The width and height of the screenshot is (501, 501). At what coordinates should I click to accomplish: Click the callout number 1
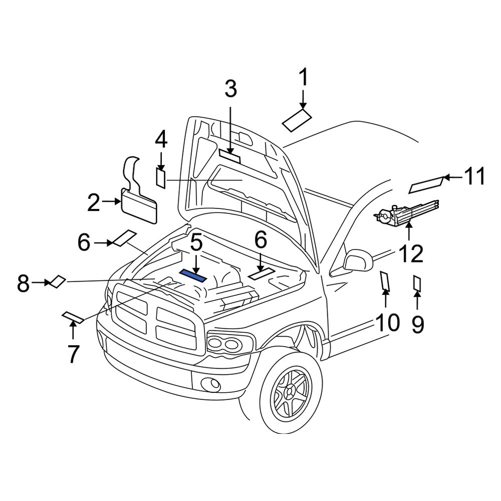[304, 80]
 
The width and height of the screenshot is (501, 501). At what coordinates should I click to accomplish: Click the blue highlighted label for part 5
[193, 274]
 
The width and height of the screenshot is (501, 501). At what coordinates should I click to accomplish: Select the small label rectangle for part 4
[161, 178]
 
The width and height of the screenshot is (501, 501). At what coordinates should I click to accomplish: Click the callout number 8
[24, 284]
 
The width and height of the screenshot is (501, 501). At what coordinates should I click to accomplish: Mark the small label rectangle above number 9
[417, 284]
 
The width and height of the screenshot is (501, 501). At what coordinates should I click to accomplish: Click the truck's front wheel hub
[289, 395]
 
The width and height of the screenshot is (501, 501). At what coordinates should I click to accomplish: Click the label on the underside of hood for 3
[230, 157]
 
